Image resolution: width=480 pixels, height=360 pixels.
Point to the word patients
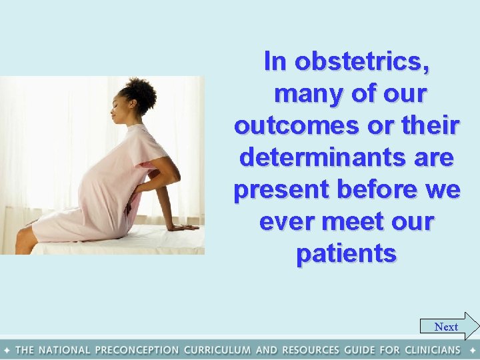click(x=347, y=254)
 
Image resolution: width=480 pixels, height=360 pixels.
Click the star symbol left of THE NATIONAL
click(x=7, y=350)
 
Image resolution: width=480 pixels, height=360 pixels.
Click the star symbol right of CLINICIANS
click(x=472, y=350)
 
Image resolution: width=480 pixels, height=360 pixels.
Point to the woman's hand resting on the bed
click(x=184, y=227)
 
